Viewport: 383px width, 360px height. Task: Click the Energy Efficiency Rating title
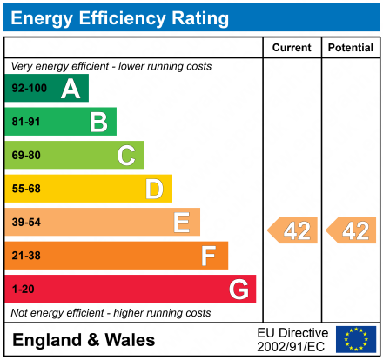[119, 17]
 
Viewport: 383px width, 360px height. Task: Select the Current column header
[292, 48]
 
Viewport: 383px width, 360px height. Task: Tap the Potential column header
[350, 48]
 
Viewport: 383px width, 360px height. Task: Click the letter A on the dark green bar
[71, 89]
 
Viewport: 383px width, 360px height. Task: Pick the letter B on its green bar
[98, 122]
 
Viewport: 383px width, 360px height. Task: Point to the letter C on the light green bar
[126, 156]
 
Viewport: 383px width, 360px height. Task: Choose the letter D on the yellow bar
[154, 189]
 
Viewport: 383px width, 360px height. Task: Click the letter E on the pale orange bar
[181, 223]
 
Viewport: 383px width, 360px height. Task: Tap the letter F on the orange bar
[209, 256]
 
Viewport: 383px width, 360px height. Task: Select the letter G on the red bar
[238, 289]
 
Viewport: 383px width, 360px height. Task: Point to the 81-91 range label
[26, 123]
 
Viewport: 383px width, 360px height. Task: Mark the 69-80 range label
[26, 156]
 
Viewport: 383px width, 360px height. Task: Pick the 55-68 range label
[26, 189]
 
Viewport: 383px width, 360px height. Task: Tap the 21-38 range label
[26, 256]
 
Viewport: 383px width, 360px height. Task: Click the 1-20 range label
[24, 289]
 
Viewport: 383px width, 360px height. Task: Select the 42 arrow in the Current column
[293, 230]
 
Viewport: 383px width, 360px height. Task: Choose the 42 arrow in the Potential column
[352, 230]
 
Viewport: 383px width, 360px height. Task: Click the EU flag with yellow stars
[356, 339]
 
